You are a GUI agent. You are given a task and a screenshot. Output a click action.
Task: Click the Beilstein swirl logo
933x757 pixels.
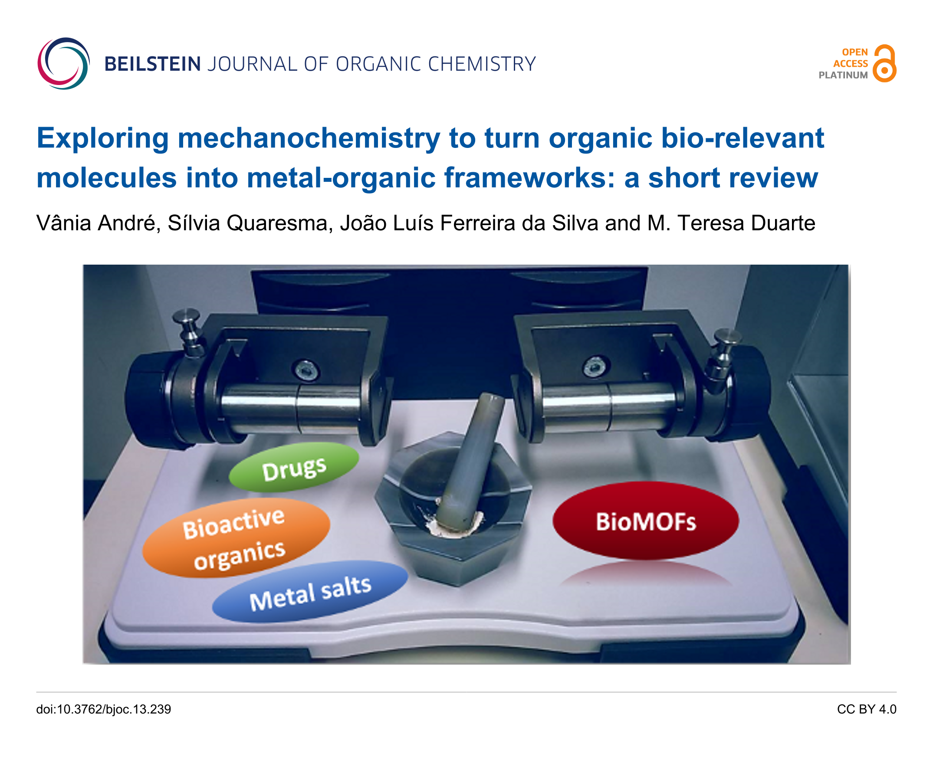point(63,64)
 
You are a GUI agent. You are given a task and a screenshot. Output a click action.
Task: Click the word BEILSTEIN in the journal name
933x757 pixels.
point(152,64)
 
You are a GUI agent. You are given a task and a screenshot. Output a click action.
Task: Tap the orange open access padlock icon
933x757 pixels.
point(884,63)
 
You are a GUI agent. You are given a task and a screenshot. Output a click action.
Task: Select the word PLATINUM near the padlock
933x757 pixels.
point(843,75)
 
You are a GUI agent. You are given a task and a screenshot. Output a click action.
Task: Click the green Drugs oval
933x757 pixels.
point(293,467)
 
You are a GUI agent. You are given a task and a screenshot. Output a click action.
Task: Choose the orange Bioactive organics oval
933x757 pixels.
point(236,538)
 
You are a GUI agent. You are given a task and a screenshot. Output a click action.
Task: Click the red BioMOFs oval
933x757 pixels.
point(646,520)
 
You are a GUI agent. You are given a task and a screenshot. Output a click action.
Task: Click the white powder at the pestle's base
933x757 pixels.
point(453,525)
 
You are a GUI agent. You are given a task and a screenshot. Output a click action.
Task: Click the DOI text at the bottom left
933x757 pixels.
point(103,709)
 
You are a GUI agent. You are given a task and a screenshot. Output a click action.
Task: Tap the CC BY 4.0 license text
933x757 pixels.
point(866,709)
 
